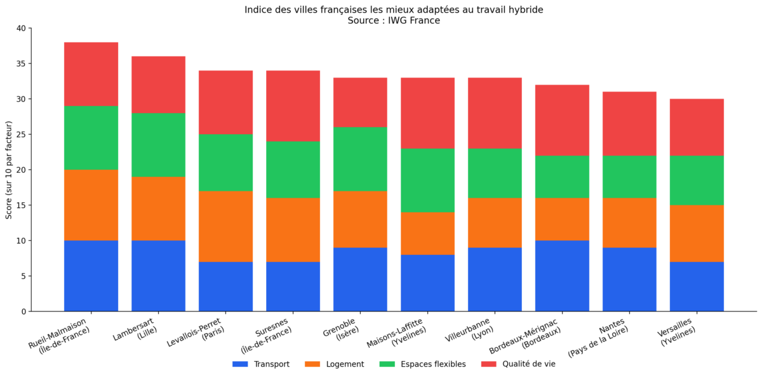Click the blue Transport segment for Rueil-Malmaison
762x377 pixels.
(91, 276)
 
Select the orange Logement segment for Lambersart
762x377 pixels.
(158, 209)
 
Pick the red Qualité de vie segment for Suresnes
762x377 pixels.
(293, 106)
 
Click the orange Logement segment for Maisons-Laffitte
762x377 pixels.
(427, 233)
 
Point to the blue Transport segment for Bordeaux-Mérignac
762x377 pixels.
(562, 276)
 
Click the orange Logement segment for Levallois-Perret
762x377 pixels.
(225, 226)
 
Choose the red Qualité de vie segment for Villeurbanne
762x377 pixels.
(495, 113)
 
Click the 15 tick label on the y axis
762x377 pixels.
(22, 205)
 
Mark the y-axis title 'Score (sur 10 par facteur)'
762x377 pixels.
(9, 170)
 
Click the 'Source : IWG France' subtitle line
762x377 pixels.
(394, 20)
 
